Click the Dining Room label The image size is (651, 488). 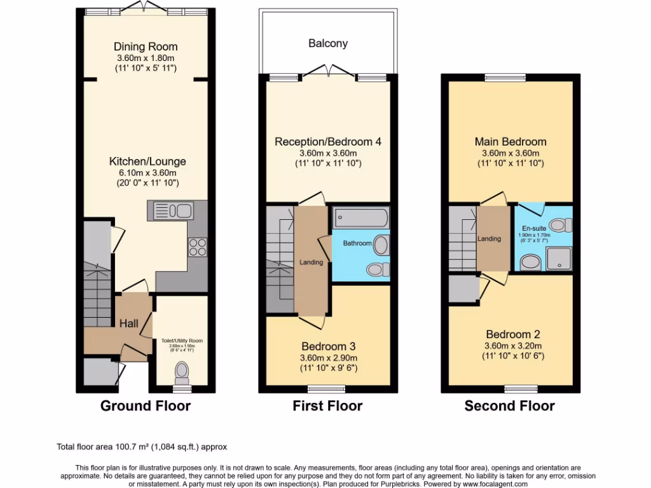(x=146, y=46)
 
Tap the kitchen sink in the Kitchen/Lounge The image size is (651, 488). (x=172, y=210)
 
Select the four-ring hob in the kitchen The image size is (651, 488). (x=196, y=246)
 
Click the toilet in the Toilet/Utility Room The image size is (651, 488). (x=182, y=371)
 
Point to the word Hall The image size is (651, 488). (x=129, y=324)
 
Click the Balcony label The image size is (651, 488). (x=328, y=44)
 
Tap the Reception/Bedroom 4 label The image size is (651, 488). (x=328, y=142)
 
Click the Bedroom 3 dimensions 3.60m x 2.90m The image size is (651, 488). (x=328, y=358)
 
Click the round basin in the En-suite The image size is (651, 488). (x=529, y=261)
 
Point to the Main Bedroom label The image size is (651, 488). (x=511, y=142)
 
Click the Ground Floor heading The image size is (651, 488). (x=146, y=406)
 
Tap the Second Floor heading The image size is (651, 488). (x=510, y=406)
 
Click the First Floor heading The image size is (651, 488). (x=328, y=406)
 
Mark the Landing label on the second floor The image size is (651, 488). (x=490, y=239)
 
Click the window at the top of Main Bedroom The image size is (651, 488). (x=505, y=78)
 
